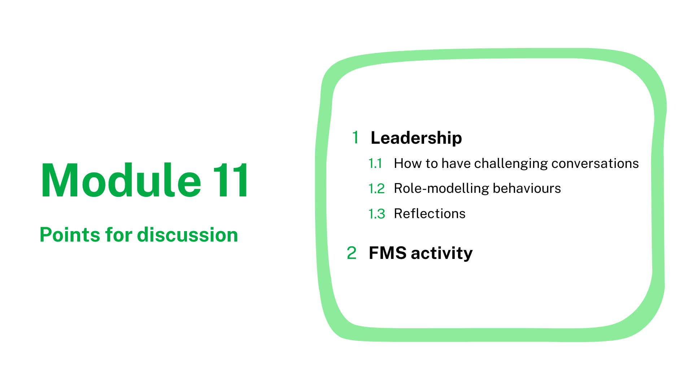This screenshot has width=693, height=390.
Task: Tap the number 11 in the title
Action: point(231,180)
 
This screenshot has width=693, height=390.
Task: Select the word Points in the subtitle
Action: point(70,235)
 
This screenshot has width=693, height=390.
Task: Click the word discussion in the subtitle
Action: point(188,235)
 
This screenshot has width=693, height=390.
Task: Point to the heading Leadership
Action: point(416,138)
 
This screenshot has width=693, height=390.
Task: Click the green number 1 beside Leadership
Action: point(356,138)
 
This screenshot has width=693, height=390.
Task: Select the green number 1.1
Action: point(375,164)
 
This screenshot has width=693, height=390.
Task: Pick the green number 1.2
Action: point(376,189)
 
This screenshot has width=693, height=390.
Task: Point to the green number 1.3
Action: point(377,214)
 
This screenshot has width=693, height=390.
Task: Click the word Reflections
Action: point(430,214)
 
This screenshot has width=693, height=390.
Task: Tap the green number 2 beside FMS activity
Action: point(352,253)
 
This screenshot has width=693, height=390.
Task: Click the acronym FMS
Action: point(387,253)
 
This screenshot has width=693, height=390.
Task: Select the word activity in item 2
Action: point(442,254)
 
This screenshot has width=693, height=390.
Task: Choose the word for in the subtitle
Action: point(119,235)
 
